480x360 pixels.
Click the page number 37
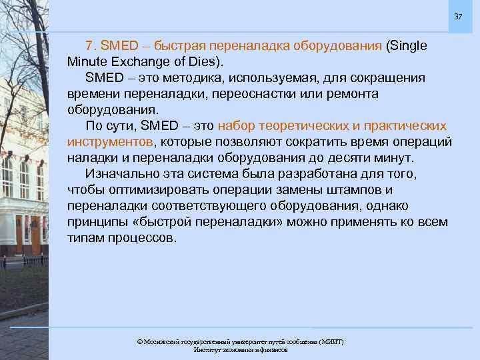(458, 16)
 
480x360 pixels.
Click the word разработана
(306, 174)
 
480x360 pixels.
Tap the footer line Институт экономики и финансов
(240, 349)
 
